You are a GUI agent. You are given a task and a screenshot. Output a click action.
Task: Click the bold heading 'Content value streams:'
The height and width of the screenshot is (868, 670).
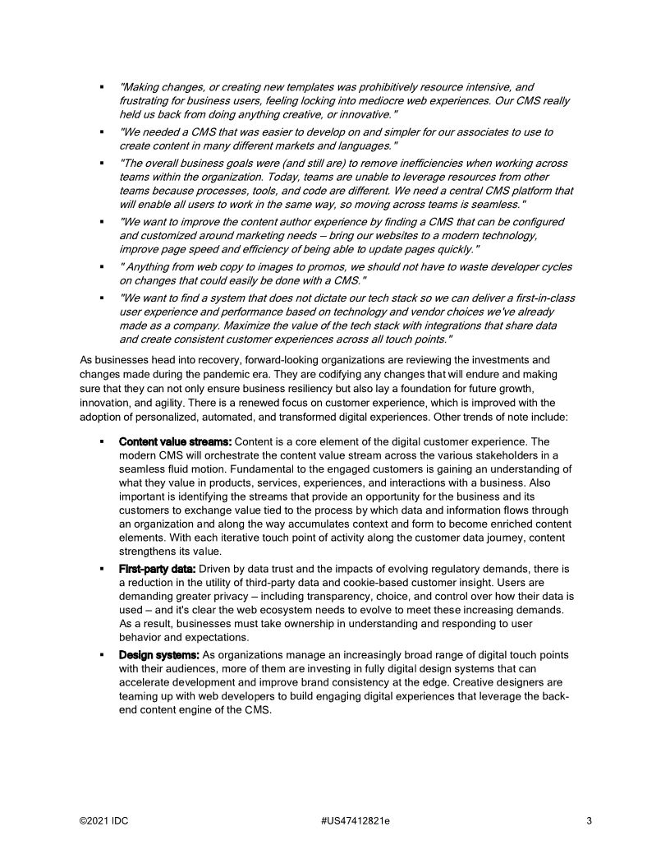pyautogui.click(x=175, y=441)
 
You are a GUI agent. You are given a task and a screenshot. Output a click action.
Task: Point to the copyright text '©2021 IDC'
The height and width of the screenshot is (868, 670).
pyautogui.click(x=104, y=820)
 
